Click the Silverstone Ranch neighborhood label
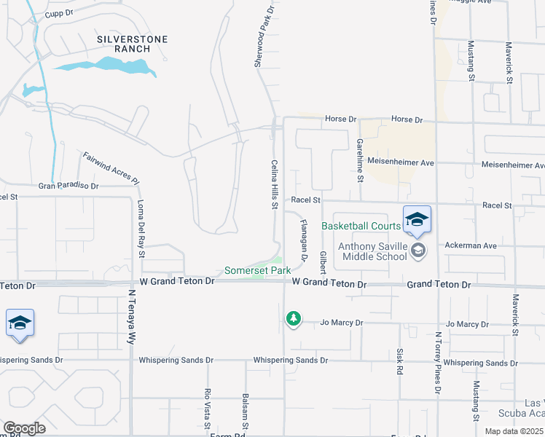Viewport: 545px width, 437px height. point(132,44)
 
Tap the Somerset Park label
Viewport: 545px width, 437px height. point(257,270)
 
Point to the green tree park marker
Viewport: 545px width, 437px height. point(293,319)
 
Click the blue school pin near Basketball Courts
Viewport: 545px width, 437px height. point(416,219)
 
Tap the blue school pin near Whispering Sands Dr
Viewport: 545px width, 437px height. point(20,323)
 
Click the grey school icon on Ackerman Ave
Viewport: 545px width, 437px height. point(418,251)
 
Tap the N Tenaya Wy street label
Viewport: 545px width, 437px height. point(132,318)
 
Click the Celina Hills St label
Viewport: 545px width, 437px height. point(275,185)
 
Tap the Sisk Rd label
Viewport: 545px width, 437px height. point(399,360)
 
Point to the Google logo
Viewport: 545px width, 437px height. point(23,428)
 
